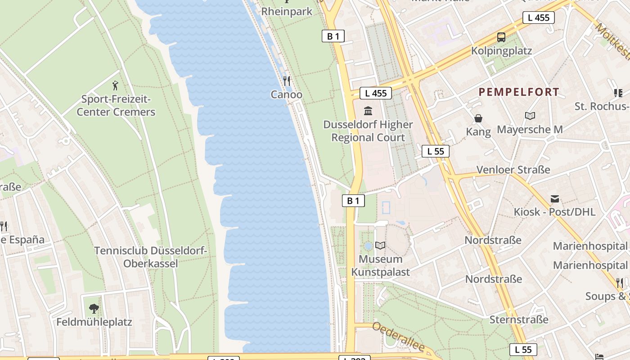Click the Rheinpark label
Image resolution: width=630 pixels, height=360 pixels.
click(x=287, y=11)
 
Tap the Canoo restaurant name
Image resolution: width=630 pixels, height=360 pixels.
click(x=287, y=94)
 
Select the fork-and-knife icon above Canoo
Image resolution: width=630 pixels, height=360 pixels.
click(x=287, y=81)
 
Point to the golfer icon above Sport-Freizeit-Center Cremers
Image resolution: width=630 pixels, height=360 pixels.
click(x=116, y=85)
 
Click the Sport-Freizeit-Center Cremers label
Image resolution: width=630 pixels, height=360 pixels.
click(x=116, y=106)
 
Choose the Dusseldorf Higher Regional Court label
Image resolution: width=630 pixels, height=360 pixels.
click(x=368, y=131)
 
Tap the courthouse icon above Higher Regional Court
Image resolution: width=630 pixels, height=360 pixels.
click(x=368, y=111)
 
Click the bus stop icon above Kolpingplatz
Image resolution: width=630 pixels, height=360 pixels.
click(x=501, y=37)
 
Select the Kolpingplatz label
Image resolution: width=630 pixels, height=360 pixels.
click(x=501, y=51)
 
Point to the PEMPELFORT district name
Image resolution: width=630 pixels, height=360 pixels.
click(x=519, y=92)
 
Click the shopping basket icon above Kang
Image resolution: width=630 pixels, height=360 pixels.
click(x=478, y=118)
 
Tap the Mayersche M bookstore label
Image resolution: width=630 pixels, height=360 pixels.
click(x=530, y=130)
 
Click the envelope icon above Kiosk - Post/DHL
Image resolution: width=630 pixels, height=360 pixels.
click(x=554, y=199)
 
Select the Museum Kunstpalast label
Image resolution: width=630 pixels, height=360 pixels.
click(x=381, y=265)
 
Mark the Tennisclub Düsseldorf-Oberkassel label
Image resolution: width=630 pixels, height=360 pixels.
click(x=151, y=257)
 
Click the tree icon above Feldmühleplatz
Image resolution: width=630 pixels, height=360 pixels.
click(x=94, y=309)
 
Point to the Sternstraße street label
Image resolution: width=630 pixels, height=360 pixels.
click(x=519, y=320)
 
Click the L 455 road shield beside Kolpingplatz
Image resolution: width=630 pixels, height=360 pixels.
click(x=538, y=18)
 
